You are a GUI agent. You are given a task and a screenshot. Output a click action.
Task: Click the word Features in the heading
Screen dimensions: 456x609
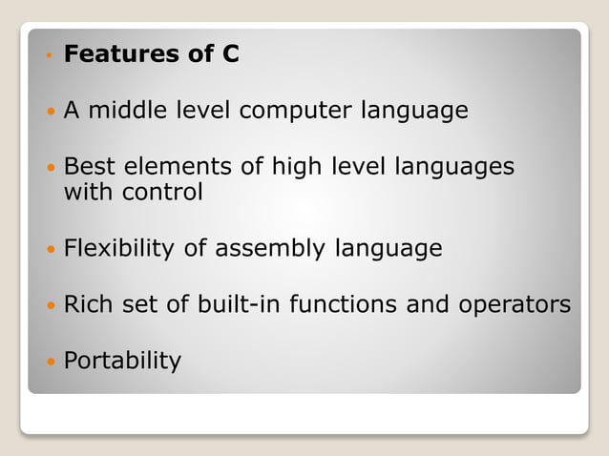pos(121,54)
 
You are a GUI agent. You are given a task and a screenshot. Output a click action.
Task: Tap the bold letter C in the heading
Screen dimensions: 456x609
pos(230,54)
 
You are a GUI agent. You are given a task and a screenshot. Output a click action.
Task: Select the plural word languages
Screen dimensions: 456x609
pos(454,168)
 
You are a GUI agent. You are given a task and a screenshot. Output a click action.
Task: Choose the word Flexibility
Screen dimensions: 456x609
pos(118,249)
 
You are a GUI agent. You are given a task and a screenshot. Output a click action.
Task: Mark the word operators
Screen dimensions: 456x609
pos(515,306)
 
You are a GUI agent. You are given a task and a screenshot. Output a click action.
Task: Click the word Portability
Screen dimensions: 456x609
pos(122,362)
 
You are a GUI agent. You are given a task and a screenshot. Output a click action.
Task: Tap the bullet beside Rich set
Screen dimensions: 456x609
pos(51,306)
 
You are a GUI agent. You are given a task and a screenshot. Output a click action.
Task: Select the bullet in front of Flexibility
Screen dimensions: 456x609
pos(51,250)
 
